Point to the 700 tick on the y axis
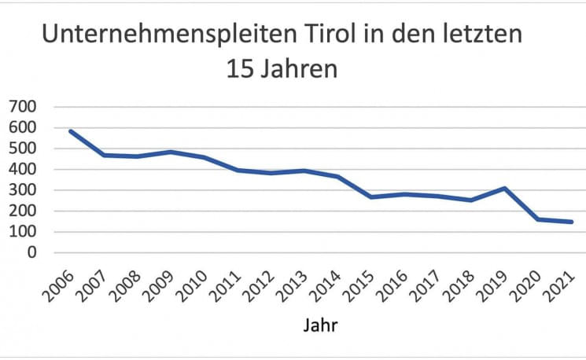pos(23,106)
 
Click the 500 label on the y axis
pos(23,148)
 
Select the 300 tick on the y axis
pos(23,190)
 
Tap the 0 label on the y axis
pos(33,253)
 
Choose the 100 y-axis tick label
pos(23,232)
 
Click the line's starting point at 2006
pos(71,131)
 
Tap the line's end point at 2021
pos(572,222)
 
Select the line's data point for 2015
pos(371,197)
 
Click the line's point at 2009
pos(171,152)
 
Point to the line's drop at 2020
pos(538,219)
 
